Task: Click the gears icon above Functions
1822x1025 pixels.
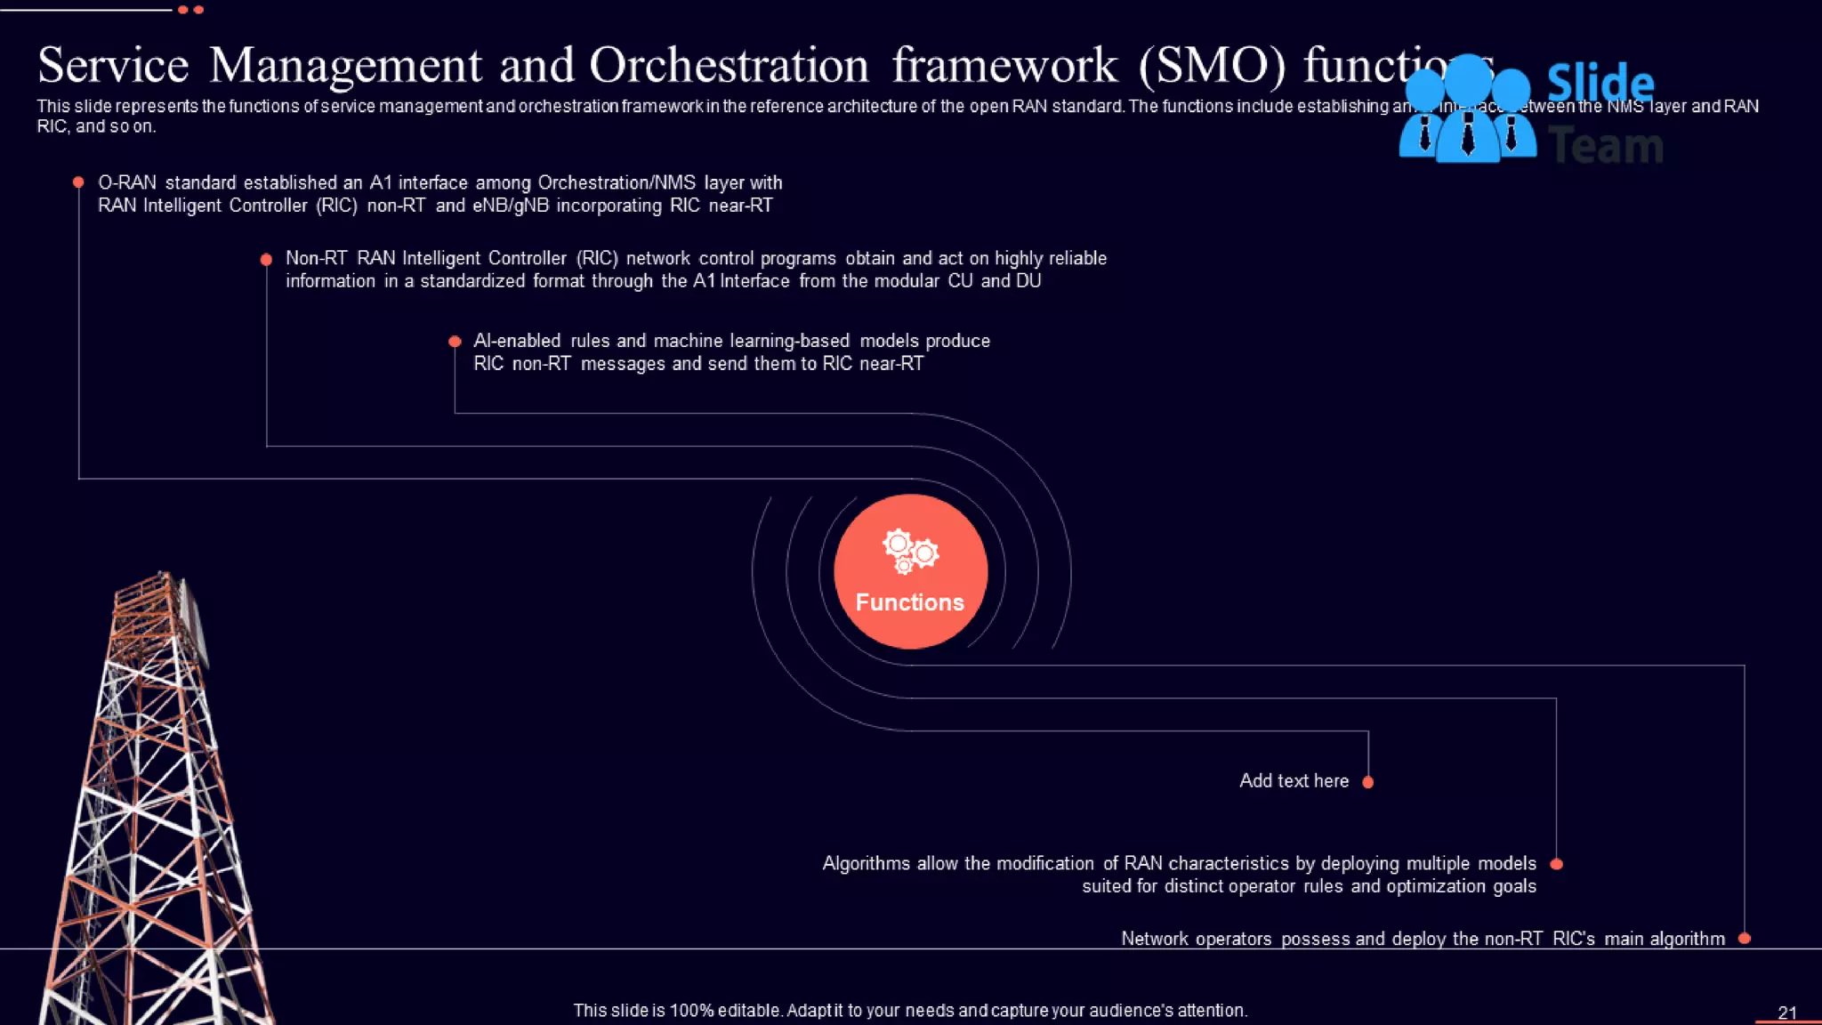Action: click(909, 551)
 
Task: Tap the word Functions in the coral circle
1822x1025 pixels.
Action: click(909, 602)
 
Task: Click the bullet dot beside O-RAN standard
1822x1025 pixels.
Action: click(78, 182)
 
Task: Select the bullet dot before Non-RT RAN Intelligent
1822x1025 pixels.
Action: click(266, 259)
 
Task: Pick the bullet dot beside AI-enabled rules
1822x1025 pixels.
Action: click(455, 342)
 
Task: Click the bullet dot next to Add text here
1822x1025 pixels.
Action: click(1368, 782)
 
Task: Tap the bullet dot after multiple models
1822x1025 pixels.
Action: click(1556, 864)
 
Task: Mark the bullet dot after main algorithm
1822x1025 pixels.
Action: click(1744, 939)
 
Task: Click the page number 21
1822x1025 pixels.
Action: click(1786, 1013)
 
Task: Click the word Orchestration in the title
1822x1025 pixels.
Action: click(729, 66)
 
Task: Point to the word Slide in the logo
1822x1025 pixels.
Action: click(1600, 84)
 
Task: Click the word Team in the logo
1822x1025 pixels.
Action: click(1606, 146)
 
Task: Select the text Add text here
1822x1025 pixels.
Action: click(1294, 781)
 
